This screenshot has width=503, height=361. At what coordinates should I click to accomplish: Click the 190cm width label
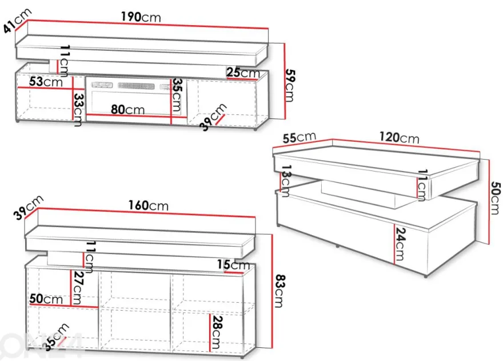[x=141, y=17]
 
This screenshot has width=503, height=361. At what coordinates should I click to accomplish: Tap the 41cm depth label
[x=18, y=21]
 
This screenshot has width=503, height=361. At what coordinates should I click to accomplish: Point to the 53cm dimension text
[x=46, y=82]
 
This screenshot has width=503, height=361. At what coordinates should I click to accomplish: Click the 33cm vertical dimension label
[x=79, y=109]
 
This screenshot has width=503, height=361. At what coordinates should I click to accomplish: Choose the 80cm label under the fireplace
[x=127, y=109]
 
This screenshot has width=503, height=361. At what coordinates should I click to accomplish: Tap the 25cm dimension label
[x=243, y=73]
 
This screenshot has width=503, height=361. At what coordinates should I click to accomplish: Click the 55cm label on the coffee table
[x=299, y=137]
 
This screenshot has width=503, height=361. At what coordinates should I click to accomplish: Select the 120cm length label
[x=399, y=137]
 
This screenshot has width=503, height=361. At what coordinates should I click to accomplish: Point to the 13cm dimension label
[x=285, y=181]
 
